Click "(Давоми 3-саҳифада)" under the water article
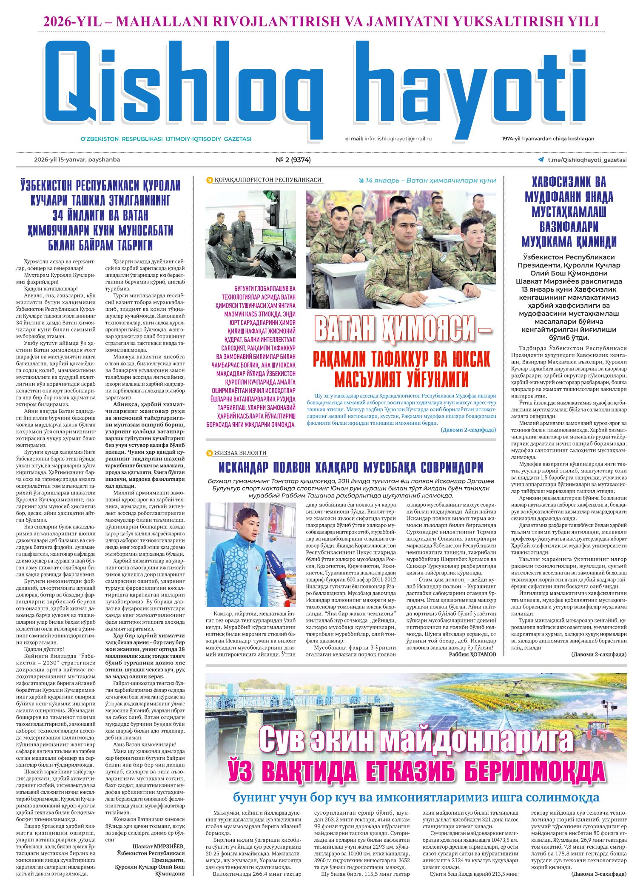(598, 883)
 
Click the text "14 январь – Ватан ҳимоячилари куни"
(430, 180)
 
